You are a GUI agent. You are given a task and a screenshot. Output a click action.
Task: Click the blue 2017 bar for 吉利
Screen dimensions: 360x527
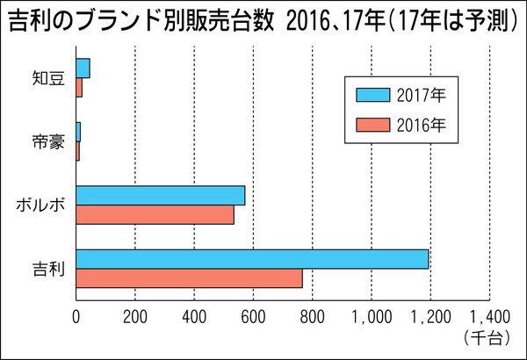point(252,259)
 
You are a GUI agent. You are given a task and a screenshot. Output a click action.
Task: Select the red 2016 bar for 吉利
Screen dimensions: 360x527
point(189,277)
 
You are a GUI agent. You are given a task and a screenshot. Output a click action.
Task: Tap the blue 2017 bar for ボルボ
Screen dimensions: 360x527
point(160,195)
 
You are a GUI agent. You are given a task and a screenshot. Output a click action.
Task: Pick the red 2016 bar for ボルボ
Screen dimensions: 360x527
point(155,213)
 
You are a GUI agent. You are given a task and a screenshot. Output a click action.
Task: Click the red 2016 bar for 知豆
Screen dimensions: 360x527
point(79,87)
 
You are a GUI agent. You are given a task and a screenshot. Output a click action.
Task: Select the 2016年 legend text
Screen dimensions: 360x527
point(422,125)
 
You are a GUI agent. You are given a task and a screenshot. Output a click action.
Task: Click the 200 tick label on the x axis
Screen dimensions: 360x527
point(135,317)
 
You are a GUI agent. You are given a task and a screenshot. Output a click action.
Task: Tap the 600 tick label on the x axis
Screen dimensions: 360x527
point(253,317)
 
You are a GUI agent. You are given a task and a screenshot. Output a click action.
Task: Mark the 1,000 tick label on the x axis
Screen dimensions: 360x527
point(371,317)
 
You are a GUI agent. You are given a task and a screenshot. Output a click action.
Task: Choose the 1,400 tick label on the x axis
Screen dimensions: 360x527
point(489,317)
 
